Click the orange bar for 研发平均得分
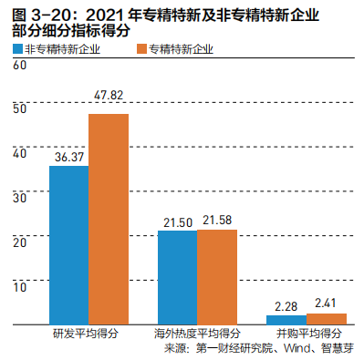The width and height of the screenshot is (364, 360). tap(109, 219)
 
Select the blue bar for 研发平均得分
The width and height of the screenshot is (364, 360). tap(68, 244)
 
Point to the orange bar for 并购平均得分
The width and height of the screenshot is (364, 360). tap(327, 319)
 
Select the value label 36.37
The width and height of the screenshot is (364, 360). tap(68, 157)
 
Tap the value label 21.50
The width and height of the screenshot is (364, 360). tap(177, 221)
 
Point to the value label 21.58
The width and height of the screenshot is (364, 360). tap(217, 221)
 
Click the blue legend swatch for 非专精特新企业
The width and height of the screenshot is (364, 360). tap(18, 49)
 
